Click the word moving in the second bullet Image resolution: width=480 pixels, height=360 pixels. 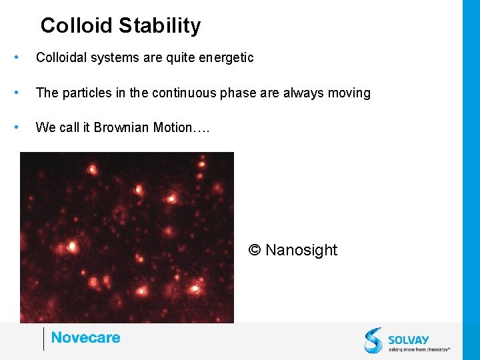349,93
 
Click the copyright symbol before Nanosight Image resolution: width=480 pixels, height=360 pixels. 254,250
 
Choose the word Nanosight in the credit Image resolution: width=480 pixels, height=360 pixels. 301,250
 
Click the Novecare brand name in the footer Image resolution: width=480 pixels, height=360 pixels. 85,338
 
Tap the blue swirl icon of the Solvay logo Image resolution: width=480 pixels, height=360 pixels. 373,340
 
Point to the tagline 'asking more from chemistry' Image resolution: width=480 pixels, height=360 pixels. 419,349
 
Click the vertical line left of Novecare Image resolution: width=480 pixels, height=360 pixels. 43,339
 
